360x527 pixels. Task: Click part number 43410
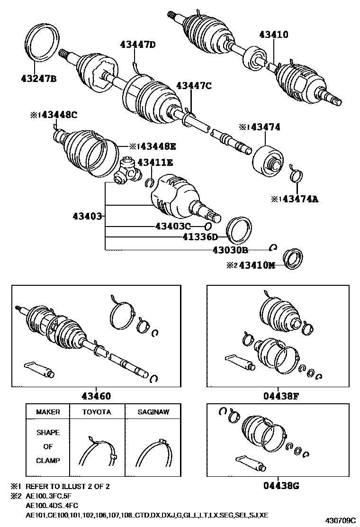[273, 35]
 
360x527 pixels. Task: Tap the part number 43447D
[138, 45]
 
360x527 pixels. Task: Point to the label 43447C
[194, 86]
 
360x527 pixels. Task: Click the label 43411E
[155, 163]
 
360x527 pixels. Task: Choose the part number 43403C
[172, 226]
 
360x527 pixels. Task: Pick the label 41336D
[199, 236]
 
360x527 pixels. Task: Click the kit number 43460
[96, 397]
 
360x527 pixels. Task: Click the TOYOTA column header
[97, 412]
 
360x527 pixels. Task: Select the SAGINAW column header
[152, 412]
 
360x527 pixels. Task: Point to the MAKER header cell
[48, 412]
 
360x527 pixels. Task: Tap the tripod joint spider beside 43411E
[129, 171]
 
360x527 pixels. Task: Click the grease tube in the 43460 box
[39, 369]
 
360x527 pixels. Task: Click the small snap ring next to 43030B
[273, 247]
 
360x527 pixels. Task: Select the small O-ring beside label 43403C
[208, 226]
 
